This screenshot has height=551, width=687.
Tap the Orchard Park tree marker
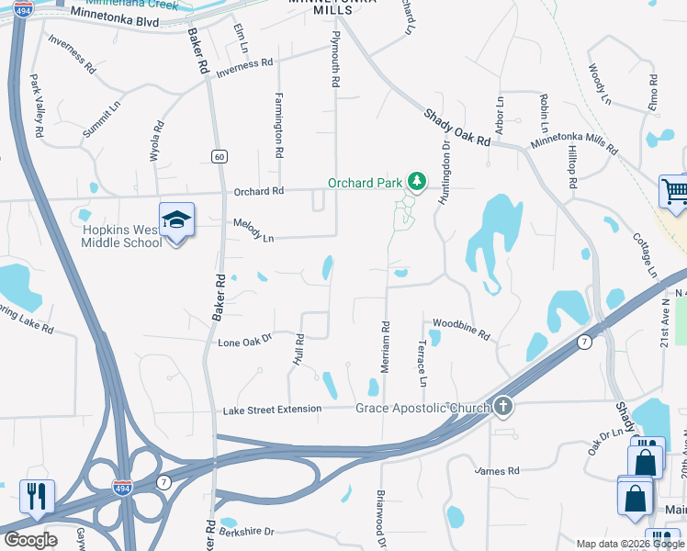417,181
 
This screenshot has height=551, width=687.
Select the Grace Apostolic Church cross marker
502,405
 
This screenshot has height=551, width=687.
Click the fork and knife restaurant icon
36,497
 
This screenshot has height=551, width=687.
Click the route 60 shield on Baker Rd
219,156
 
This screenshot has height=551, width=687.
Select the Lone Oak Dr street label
245,341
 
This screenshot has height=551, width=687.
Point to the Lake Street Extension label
273,409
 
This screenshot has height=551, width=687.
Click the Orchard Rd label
259,192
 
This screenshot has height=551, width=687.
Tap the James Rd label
497,471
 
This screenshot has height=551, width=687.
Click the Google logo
30,539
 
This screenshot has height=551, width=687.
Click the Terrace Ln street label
422,366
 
